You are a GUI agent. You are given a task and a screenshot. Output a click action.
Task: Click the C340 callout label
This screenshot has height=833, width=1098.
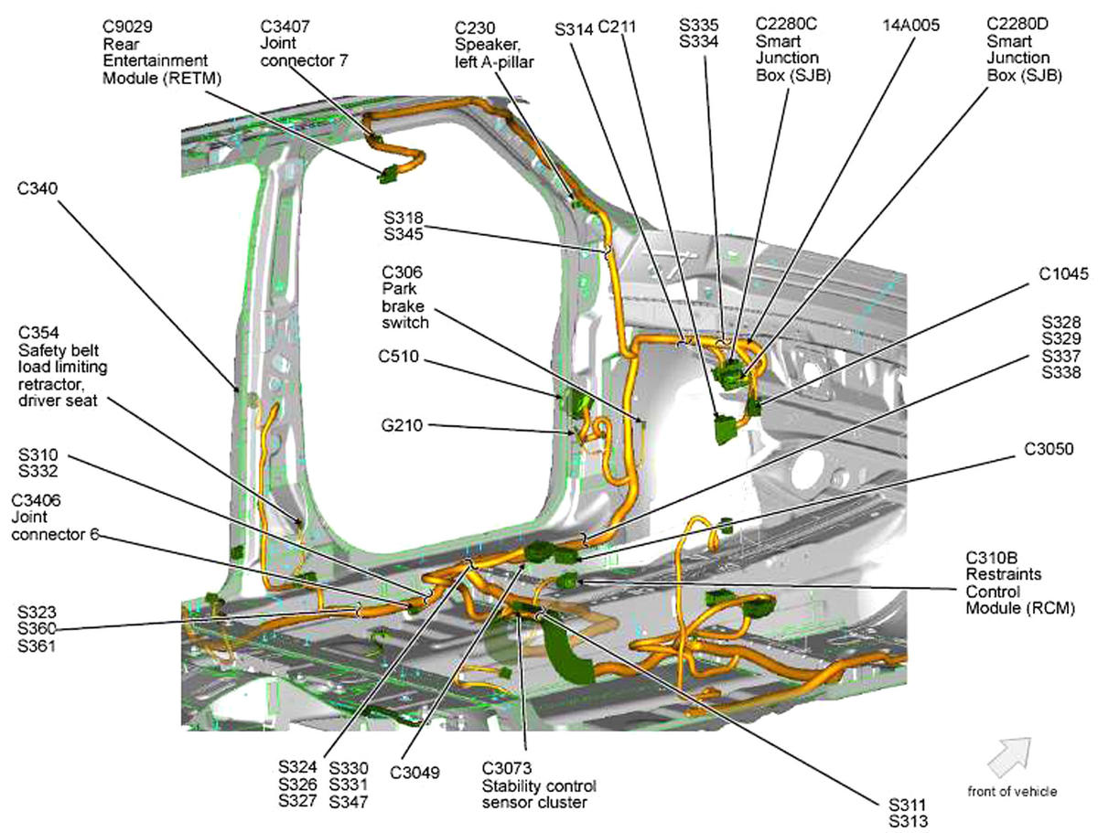click(37, 188)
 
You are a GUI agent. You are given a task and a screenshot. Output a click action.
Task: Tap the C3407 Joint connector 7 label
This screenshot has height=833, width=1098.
click(285, 26)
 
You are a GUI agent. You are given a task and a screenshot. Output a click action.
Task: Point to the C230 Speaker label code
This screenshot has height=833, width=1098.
click(476, 27)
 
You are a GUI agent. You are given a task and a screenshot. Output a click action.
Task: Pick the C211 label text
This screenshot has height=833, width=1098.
click(617, 27)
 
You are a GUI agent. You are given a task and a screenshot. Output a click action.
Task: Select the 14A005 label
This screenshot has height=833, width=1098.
click(910, 26)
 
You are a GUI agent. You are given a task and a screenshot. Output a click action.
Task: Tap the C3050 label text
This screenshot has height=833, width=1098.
click(1050, 449)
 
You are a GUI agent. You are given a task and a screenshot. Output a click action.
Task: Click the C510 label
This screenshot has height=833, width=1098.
click(400, 358)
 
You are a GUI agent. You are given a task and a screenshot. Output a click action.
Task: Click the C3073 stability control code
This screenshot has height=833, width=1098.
click(509, 768)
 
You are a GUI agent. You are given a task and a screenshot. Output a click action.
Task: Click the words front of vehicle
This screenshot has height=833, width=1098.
click(1011, 791)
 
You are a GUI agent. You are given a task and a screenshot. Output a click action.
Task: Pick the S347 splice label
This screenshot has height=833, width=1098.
click(348, 801)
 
